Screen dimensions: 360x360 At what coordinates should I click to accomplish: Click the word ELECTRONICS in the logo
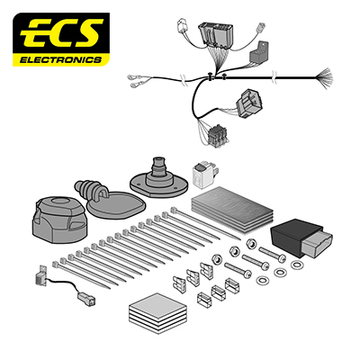point(60,60)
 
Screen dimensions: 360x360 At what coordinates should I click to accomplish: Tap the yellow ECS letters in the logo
point(61,32)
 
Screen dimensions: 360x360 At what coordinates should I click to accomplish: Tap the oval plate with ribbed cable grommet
point(111,200)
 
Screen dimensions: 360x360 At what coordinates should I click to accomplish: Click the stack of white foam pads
point(157,312)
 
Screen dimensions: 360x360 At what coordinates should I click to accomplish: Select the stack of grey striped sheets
point(231,209)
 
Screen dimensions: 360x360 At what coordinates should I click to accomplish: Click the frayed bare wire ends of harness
point(324,77)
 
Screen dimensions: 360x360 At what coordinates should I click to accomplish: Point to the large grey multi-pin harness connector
point(216,34)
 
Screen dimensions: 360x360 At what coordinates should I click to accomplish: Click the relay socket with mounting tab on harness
point(259,52)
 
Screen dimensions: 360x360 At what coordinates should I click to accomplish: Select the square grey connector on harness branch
point(249,103)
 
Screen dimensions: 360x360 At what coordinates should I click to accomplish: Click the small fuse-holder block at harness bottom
point(218,136)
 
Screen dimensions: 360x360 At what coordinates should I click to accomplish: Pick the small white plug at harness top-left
point(183,25)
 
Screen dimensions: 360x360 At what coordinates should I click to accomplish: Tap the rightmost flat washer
point(297,265)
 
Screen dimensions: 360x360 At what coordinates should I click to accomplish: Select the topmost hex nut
point(251,243)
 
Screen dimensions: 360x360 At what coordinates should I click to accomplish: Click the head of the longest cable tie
point(174,210)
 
